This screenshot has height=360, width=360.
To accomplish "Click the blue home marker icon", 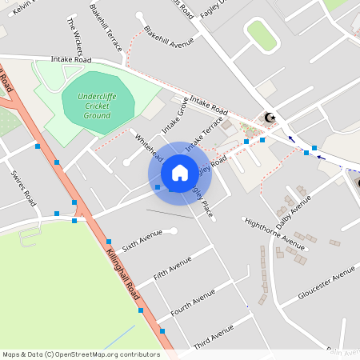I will point(180,173).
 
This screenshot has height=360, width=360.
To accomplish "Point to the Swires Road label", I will point(23,186).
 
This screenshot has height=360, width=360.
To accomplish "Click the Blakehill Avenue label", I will point(169,38).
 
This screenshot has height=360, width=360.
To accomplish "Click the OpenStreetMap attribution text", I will point(80,354).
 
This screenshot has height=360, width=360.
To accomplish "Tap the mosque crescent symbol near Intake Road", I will point(270,118).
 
